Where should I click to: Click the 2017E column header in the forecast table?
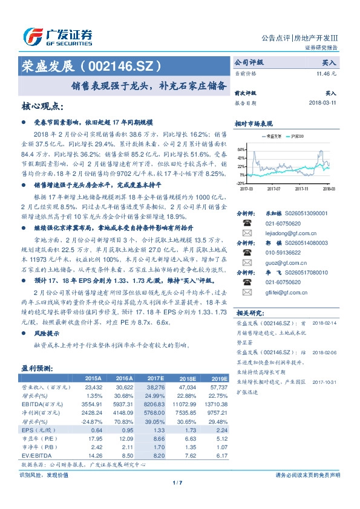tap(155, 378)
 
